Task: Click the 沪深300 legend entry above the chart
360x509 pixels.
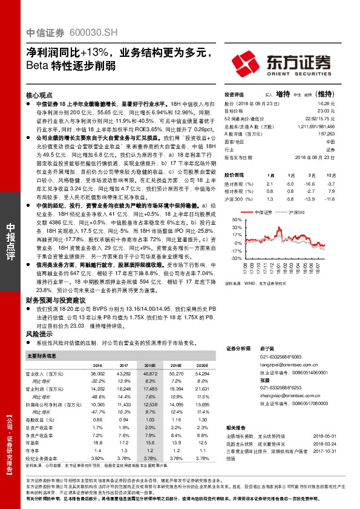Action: click(297, 213)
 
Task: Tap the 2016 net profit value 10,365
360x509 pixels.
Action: click(96, 403)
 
